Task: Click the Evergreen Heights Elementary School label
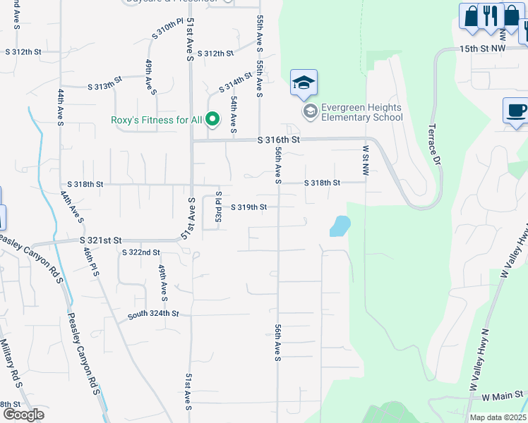point(361,112)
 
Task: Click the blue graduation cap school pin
point(304,83)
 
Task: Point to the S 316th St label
point(279,140)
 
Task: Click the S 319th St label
point(249,207)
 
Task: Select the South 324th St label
point(153,314)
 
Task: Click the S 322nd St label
point(141,252)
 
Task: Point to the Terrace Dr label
point(435,147)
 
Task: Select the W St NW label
point(366,161)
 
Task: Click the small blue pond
point(340,226)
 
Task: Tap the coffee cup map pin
point(516,111)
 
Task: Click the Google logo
point(23,415)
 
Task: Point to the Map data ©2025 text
point(498,417)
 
